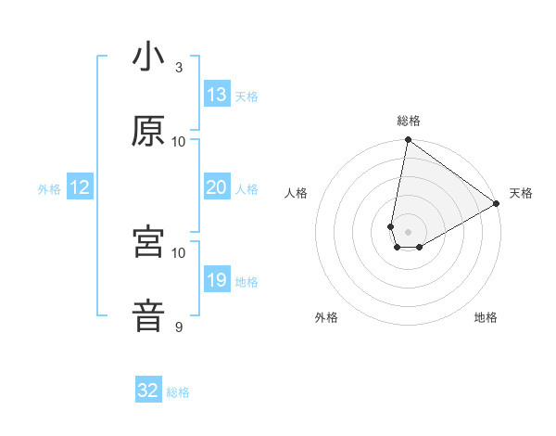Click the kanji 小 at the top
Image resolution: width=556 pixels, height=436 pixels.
click(148, 58)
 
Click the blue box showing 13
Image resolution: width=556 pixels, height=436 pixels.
click(217, 95)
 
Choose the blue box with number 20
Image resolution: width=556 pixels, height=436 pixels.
click(217, 187)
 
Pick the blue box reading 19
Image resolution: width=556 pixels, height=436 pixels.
click(217, 280)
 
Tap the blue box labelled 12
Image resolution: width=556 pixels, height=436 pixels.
click(80, 187)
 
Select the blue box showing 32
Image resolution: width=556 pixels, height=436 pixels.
click(148, 391)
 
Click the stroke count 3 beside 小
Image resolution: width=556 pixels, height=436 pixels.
click(179, 68)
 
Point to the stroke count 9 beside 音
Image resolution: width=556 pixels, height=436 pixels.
click(179, 327)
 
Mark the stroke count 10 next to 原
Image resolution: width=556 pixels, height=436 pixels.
click(179, 142)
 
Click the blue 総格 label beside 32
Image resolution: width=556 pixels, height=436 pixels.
click(178, 392)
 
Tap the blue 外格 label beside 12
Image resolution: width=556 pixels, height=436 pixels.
click(49, 189)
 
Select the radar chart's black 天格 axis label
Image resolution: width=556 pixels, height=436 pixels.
click(521, 193)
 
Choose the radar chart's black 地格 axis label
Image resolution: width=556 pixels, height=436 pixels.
click(486, 317)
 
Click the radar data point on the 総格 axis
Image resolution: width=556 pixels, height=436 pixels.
click(408, 140)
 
